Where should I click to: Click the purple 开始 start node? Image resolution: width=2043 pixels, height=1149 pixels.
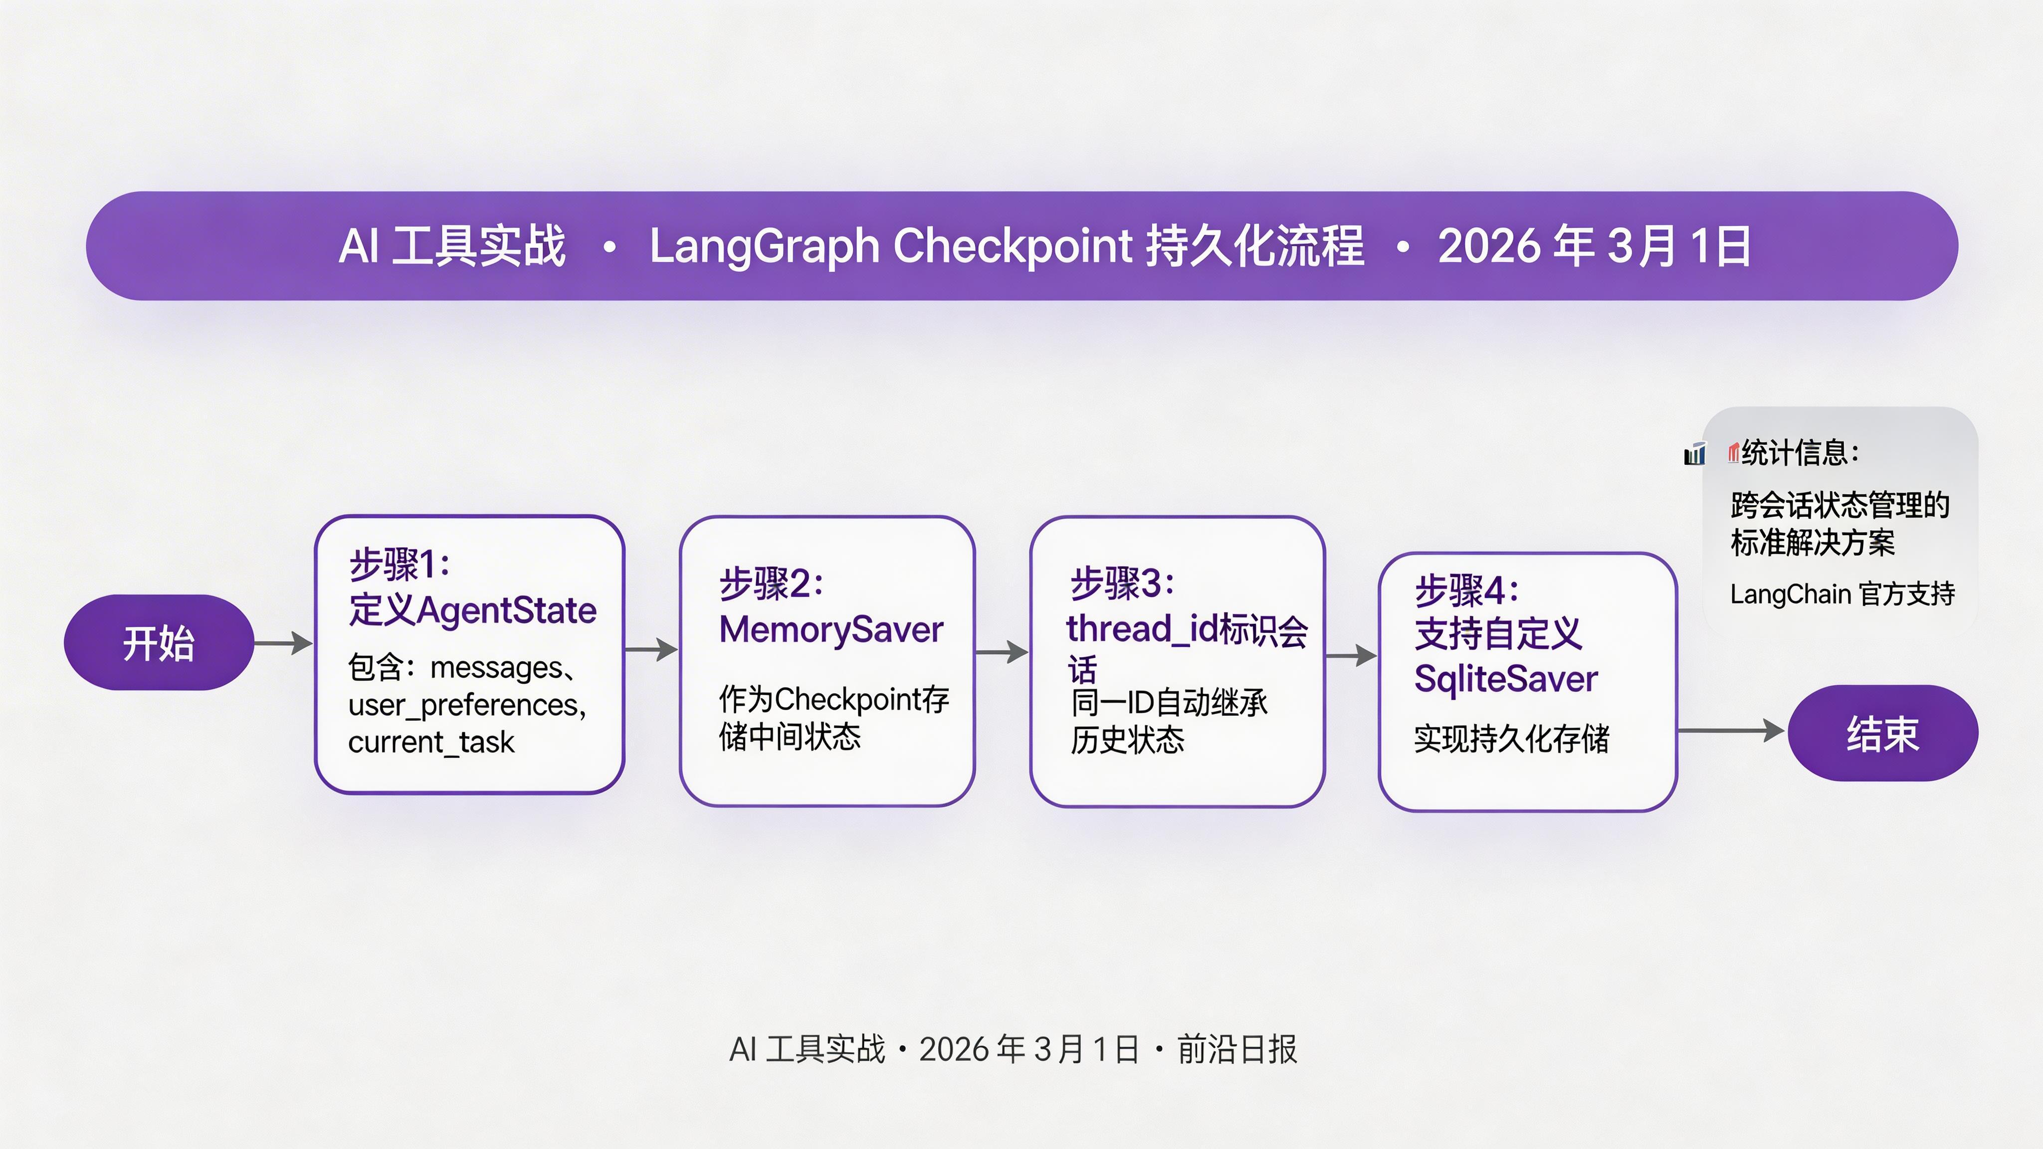(x=159, y=642)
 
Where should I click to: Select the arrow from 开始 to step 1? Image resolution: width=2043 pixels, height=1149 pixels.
(x=283, y=643)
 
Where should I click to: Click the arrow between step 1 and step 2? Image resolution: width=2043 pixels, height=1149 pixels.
(x=651, y=650)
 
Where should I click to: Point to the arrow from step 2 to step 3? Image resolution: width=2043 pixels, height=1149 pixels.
(x=1002, y=652)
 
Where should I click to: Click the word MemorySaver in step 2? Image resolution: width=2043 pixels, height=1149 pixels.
(x=831, y=630)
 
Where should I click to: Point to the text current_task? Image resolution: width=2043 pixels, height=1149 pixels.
(x=430, y=742)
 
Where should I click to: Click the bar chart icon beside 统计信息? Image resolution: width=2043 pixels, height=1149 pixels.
(x=1694, y=454)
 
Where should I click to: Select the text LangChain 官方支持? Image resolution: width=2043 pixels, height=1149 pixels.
(x=1841, y=594)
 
